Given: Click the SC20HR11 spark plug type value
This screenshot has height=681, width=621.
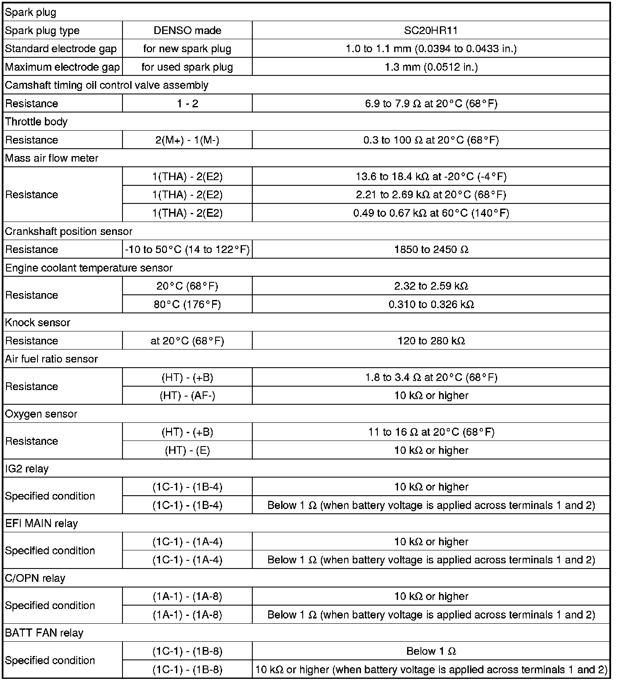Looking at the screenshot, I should tap(431, 31).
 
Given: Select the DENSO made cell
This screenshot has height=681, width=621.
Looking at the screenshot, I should tap(187, 31).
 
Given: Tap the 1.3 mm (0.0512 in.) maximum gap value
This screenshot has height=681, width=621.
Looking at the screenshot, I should tap(431, 67).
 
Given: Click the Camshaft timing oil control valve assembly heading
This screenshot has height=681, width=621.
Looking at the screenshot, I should tap(107, 85).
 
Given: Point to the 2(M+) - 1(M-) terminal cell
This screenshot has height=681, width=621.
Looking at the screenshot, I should tap(187, 140).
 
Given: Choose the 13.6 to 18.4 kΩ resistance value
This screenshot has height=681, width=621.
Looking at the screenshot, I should tap(431, 176).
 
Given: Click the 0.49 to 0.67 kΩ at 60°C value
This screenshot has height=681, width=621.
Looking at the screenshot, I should tap(431, 213).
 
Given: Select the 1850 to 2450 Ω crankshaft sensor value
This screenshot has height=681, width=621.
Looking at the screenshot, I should tap(431, 250).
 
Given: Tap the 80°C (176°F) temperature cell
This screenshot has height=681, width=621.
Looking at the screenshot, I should tap(187, 304).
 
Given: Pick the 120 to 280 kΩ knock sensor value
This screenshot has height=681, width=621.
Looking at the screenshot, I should tap(431, 341).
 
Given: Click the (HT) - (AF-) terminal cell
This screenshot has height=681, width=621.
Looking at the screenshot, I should tap(187, 396).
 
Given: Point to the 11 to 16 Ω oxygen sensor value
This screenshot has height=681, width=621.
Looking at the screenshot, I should tap(431, 432).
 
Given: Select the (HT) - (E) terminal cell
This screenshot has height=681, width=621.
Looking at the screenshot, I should tap(187, 450).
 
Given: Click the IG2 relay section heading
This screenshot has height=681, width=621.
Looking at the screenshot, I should tap(27, 469).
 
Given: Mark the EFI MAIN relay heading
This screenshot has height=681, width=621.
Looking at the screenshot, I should tap(41, 523).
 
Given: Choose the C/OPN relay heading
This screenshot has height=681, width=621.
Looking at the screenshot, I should tap(35, 578).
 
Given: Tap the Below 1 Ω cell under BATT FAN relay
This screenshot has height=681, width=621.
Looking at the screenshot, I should tap(431, 651).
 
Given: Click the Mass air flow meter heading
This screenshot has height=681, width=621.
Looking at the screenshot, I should tap(52, 158).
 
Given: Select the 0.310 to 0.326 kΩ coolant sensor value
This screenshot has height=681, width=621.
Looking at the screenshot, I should tap(431, 304).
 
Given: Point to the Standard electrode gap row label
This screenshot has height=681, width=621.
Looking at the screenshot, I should tap(61, 49).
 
